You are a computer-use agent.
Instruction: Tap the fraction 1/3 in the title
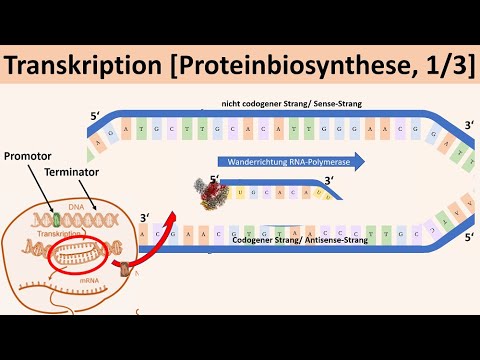(x=440, y=67)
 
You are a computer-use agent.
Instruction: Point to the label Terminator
(x=74, y=173)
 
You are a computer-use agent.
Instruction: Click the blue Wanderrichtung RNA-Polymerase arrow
(x=290, y=161)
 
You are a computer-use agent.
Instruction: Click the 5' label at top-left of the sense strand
(x=95, y=116)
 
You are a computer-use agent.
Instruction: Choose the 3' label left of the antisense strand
(x=147, y=217)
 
